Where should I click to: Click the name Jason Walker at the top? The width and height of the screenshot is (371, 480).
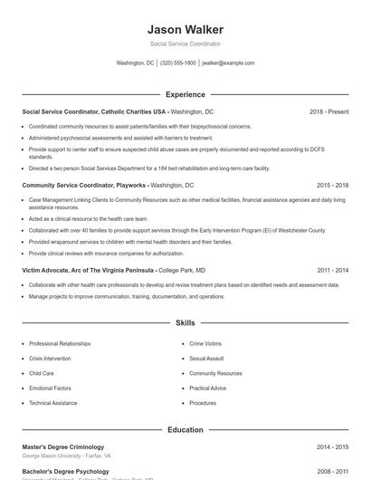coord(185,30)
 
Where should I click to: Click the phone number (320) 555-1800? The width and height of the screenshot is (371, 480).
coord(178,63)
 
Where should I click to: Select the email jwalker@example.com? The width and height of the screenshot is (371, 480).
coord(228,63)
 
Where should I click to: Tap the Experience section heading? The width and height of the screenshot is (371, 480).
coord(185,94)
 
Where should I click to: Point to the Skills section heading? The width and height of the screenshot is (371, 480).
coord(185,322)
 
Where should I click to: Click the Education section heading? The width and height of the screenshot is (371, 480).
coord(185,430)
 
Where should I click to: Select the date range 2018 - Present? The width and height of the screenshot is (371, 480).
coord(328,111)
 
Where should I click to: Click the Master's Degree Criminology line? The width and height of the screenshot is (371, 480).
coord(62,446)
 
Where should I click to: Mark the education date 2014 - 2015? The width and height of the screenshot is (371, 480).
coord(332,446)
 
